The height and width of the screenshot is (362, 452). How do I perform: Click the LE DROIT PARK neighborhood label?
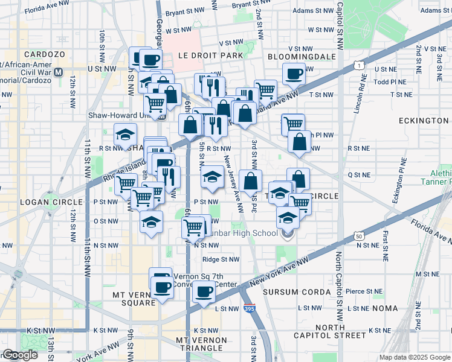pyautogui.click(x=210, y=56)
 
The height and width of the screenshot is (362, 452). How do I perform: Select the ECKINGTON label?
pyautogui.click(x=424, y=121)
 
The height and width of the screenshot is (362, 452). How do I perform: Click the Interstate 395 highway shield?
pyautogui.click(x=250, y=309)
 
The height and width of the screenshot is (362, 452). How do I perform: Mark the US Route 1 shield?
pyautogui.click(x=361, y=65)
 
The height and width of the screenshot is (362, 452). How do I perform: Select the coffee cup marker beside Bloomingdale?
pyautogui.click(x=294, y=74)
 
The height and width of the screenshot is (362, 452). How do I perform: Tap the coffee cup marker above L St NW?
pyautogui.click(x=203, y=293)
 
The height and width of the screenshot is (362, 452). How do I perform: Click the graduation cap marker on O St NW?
pyautogui.click(x=151, y=221)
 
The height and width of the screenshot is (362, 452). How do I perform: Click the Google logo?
pyautogui.click(x=20, y=355)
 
